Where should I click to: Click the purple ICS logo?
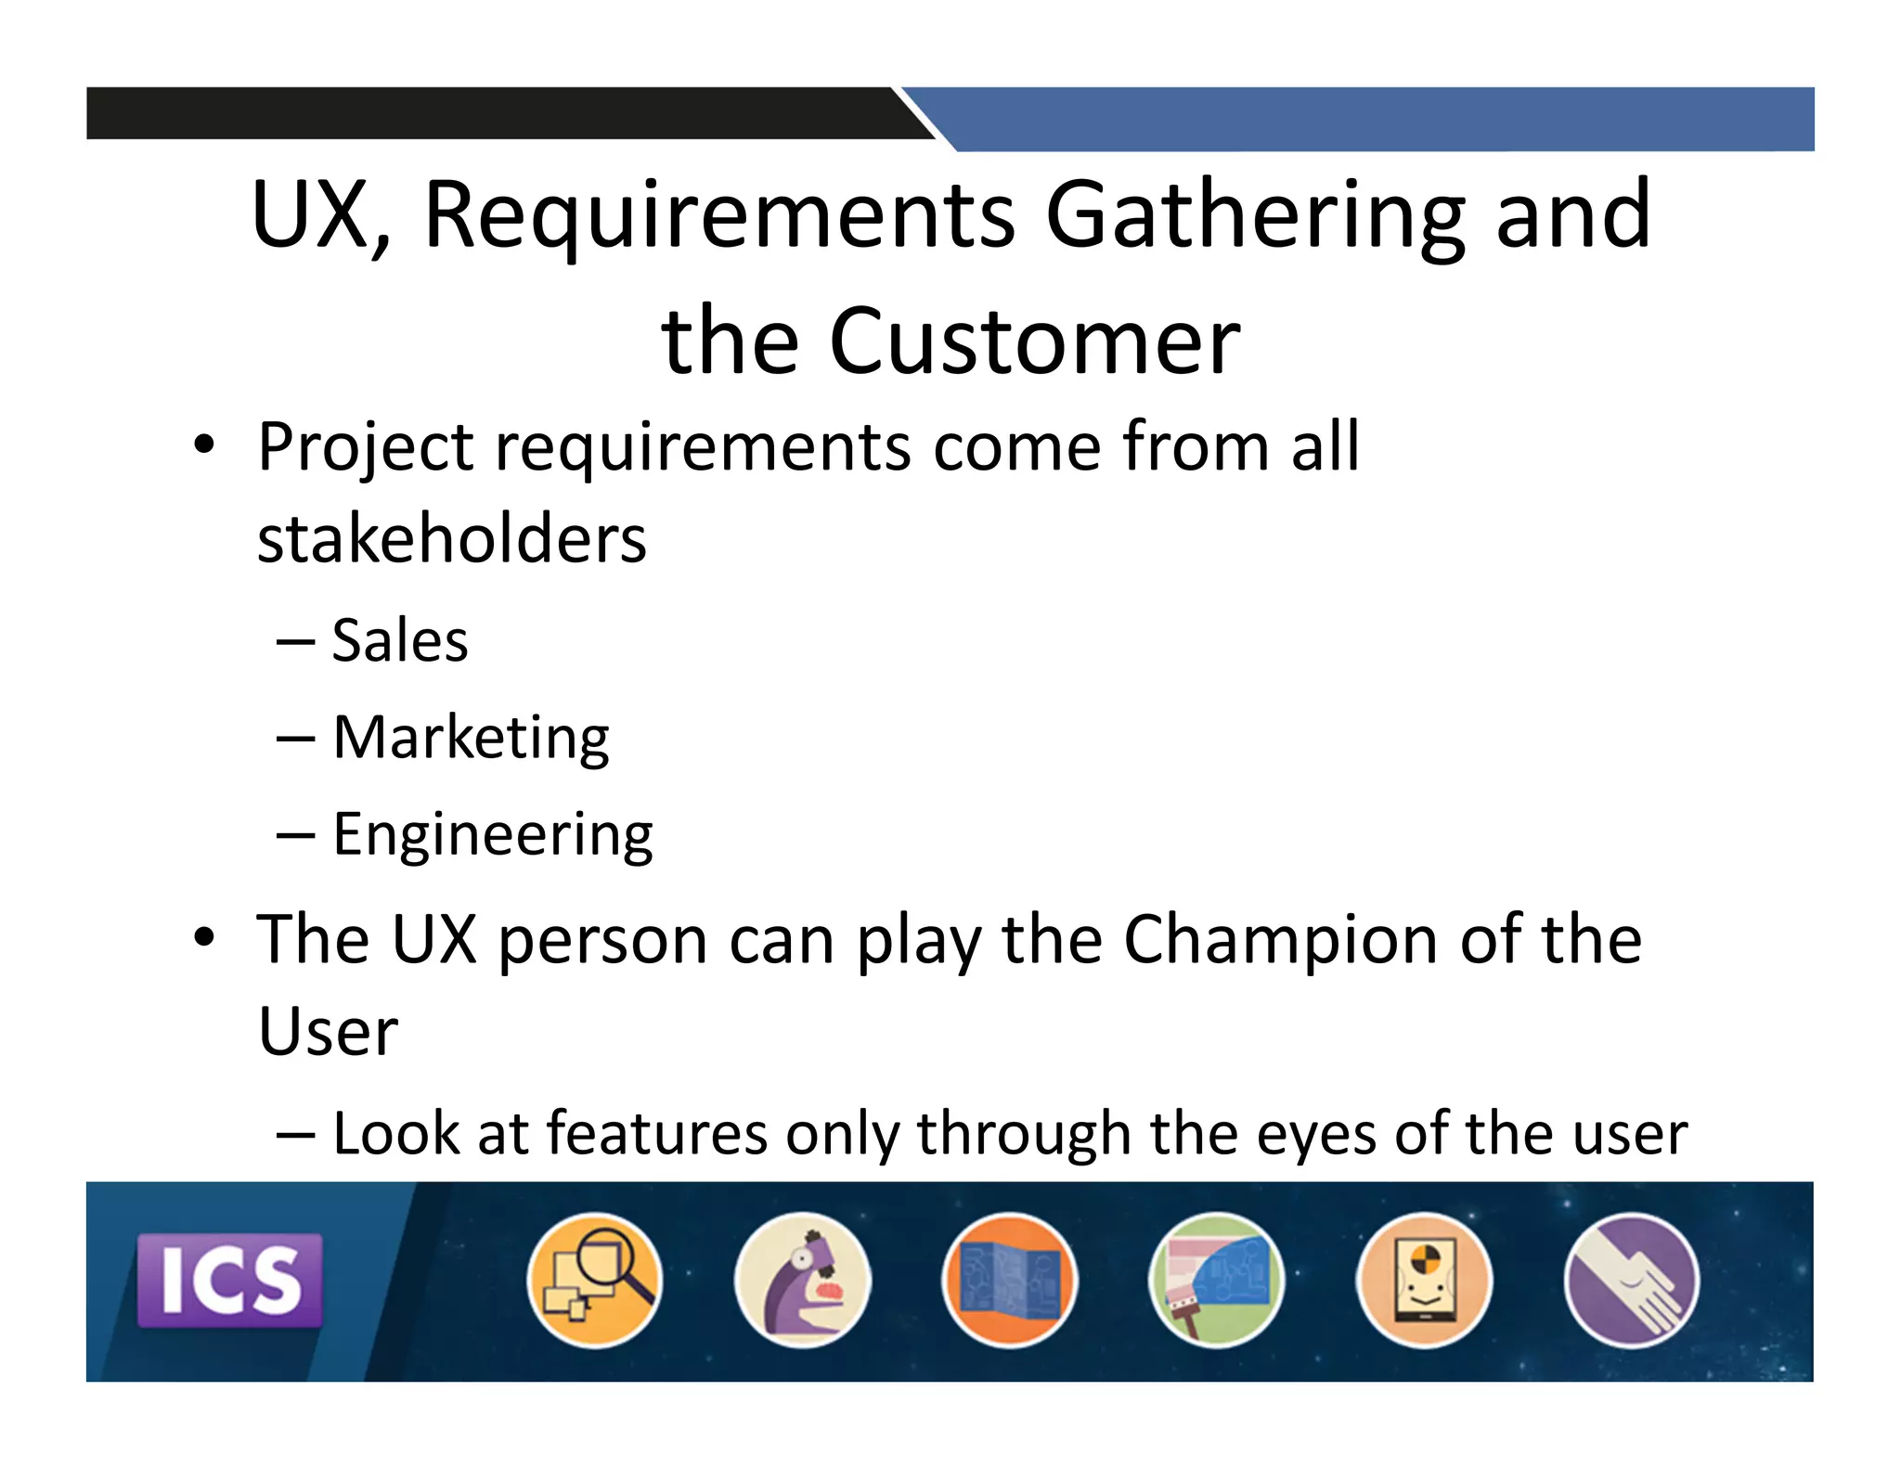tap(229, 1280)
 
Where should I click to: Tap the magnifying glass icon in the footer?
tap(595, 1280)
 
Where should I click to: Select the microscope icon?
tap(802, 1280)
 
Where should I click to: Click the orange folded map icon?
tap(1010, 1280)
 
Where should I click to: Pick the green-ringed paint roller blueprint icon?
tap(1217, 1280)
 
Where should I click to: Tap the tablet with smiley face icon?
tap(1424, 1280)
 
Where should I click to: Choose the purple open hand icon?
tap(1632, 1280)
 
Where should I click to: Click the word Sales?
tap(400, 640)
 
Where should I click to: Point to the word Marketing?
tap(471, 738)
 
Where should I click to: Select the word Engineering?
tap(493, 834)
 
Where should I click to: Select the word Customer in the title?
tap(1034, 341)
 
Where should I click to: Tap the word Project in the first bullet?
tap(366, 448)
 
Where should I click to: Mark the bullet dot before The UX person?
tap(204, 937)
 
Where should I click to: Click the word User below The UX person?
tap(328, 1032)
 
